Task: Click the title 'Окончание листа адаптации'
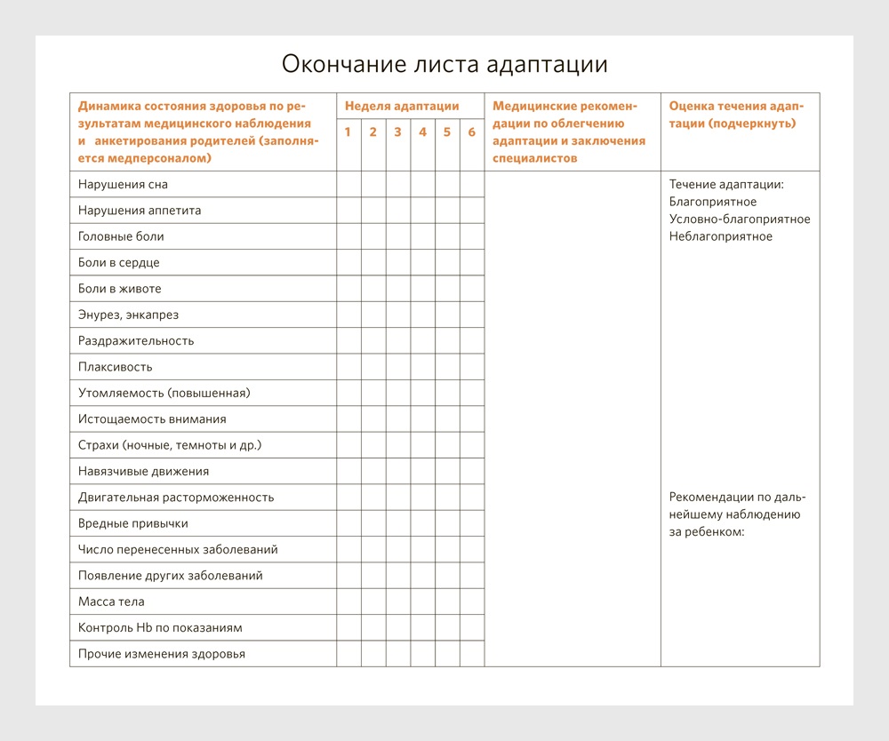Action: (444, 64)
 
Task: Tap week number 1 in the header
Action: (348, 132)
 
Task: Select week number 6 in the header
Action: (472, 132)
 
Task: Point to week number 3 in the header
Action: (397, 132)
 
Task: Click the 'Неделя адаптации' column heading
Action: (402, 106)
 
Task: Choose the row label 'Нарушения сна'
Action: (123, 185)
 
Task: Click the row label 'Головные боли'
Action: (121, 236)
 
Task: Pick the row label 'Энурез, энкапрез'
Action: (128, 315)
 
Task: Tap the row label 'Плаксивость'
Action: (116, 367)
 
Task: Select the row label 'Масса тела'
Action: (111, 602)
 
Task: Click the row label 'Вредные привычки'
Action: (133, 523)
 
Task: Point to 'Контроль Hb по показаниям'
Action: (160, 628)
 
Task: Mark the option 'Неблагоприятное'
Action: (721, 236)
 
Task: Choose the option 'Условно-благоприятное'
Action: (740, 219)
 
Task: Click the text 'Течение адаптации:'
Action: (726, 185)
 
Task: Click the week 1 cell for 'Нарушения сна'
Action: (348, 185)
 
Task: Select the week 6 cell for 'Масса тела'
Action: (472, 602)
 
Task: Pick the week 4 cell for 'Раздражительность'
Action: (422, 341)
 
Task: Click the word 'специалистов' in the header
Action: (534, 158)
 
